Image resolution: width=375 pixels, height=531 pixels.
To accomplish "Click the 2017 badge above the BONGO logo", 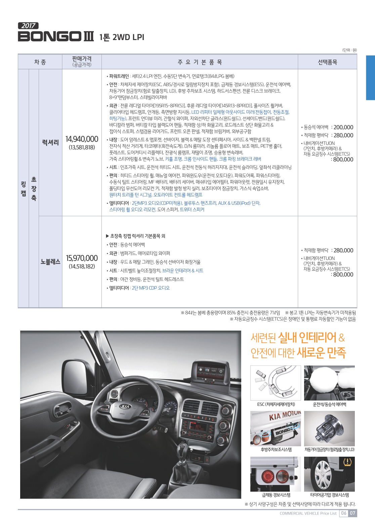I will (x=28, y=26).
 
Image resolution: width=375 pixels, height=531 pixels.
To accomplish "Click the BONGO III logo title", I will (x=56, y=36).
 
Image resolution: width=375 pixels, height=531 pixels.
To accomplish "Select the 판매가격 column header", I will (x=82, y=62).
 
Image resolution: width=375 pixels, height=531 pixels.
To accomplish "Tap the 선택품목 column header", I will (x=327, y=62).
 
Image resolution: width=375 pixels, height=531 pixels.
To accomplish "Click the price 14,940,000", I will (x=82, y=139).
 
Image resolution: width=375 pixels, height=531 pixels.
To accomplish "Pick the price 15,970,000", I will (x=82, y=258).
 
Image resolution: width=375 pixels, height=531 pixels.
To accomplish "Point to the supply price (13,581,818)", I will (x=82, y=147).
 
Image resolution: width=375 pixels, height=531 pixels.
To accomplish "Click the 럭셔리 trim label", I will (x=50, y=143).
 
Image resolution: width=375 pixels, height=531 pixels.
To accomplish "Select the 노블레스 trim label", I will (x=50, y=262).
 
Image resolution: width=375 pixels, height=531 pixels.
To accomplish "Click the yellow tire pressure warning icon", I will (x=347, y=462).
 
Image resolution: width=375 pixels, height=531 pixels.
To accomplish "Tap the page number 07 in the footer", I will (x=352, y=513).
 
